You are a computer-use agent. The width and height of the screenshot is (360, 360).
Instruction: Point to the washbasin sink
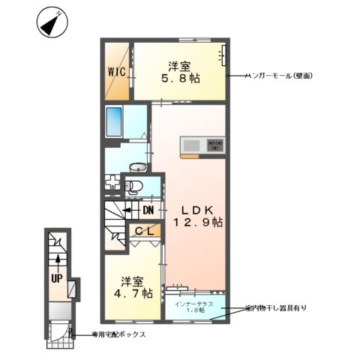click(x=139, y=167)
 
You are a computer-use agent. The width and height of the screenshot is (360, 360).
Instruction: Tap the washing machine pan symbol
click(x=112, y=184)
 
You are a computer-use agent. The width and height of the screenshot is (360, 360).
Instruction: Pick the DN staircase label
click(x=148, y=210)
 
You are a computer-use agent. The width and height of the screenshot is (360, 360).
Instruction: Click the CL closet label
click(x=145, y=232)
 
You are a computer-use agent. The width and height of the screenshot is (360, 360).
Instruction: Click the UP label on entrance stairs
click(x=57, y=277)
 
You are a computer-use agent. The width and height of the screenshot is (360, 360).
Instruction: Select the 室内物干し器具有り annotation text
click(x=275, y=308)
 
